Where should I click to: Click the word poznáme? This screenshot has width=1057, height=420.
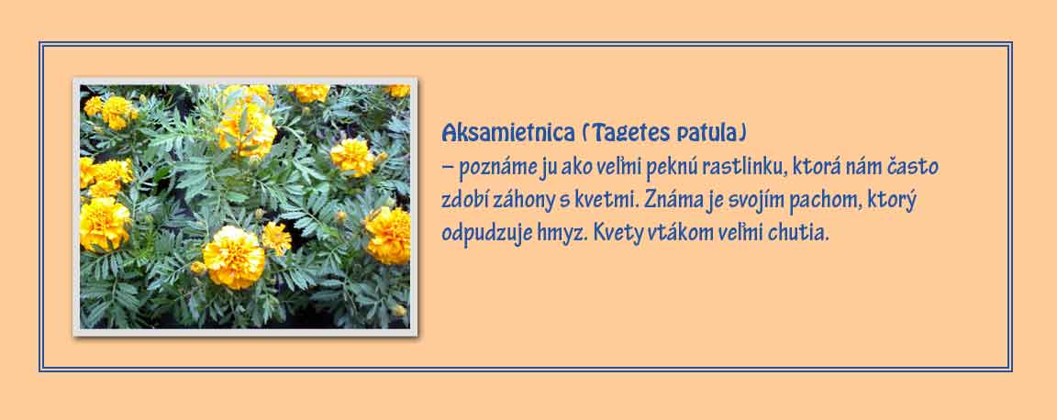tap(497, 168)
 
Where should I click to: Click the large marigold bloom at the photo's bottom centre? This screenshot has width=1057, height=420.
tap(234, 257)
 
